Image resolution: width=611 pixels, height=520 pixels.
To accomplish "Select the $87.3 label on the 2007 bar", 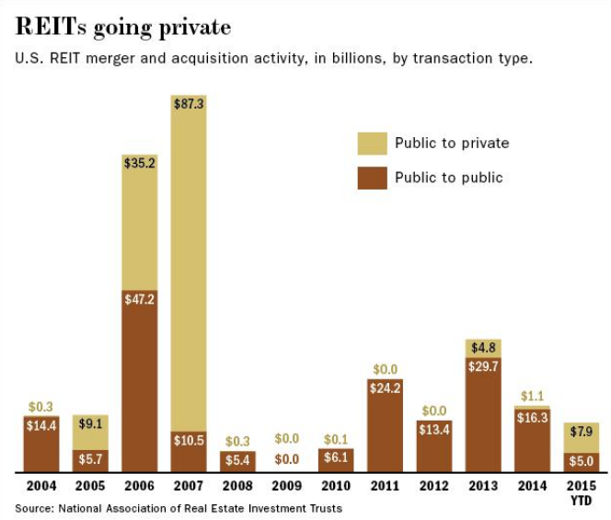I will [189, 104].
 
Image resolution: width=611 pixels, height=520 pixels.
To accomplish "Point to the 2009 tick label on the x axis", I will [288, 486].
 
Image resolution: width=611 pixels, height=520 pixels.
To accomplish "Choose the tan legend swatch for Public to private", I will [372, 144].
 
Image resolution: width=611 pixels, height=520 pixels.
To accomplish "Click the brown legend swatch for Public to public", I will [372, 178].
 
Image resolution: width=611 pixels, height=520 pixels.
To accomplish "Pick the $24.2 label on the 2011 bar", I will [386, 388].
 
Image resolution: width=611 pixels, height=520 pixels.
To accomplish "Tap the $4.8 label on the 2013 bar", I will [484, 348].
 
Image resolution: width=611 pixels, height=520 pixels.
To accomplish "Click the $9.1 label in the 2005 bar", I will [90, 425].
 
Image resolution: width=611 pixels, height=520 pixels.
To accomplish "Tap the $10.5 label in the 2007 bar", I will [189, 441].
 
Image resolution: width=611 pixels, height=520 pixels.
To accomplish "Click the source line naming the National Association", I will [179, 508].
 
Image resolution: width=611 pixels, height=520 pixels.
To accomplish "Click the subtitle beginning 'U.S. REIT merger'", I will [273, 59].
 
